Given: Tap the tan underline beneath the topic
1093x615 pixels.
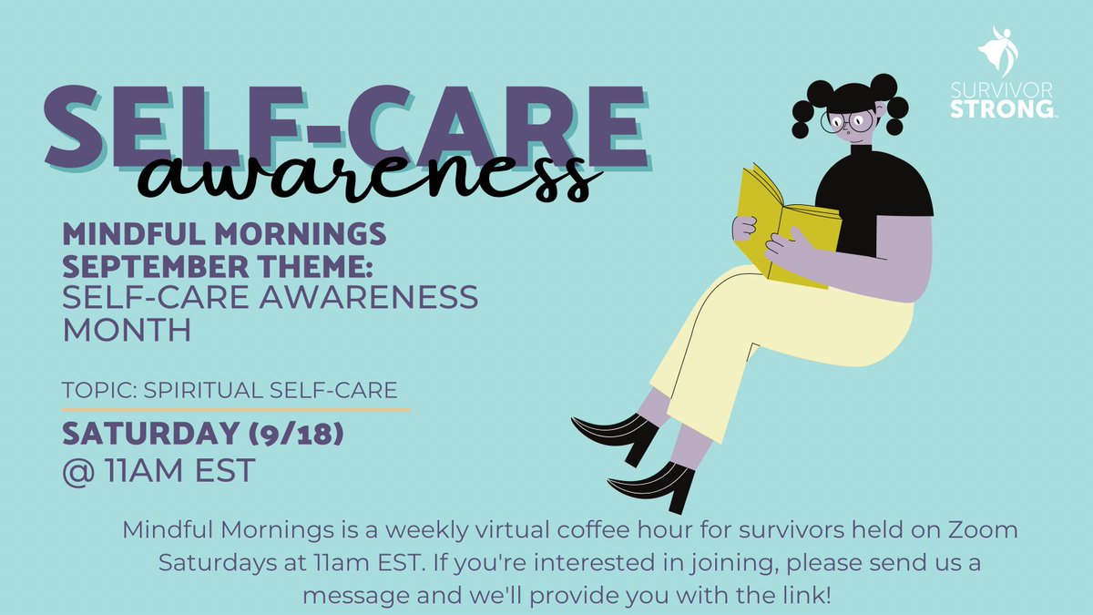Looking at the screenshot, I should tap(237, 409).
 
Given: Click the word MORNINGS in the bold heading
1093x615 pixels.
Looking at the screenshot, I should tap(301, 235).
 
